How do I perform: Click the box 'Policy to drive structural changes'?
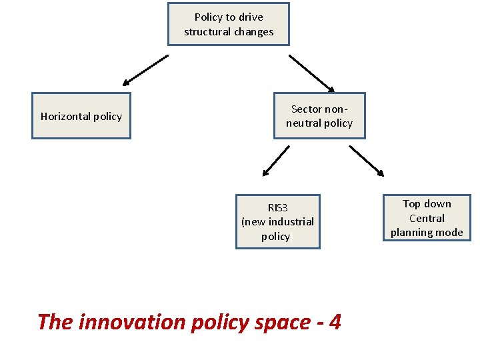click(x=229, y=24)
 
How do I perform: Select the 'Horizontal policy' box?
click(x=81, y=116)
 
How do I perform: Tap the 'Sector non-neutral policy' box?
click(x=319, y=116)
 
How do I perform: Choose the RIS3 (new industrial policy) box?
click(x=277, y=221)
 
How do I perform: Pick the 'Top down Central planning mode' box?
click(x=427, y=218)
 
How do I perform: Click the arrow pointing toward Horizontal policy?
click(x=145, y=71)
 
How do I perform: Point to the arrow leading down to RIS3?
click(x=276, y=161)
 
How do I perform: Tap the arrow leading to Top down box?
click(x=367, y=161)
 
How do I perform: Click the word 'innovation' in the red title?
click(x=132, y=322)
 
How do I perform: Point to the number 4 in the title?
click(x=335, y=322)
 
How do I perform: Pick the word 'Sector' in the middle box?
click(x=307, y=109)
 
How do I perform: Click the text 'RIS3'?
click(x=277, y=207)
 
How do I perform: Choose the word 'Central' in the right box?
click(x=427, y=218)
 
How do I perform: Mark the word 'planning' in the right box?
click(x=412, y=232)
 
